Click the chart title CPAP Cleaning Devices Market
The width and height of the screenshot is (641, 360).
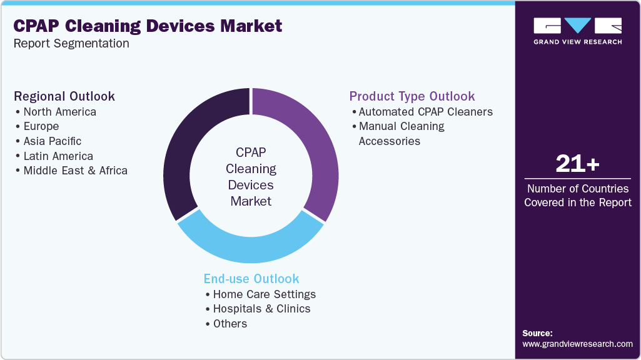[148, 26]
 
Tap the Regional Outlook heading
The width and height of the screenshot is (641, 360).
[64, 96]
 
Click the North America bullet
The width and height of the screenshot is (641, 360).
[59, 112]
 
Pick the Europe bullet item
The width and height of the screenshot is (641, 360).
[41, 126]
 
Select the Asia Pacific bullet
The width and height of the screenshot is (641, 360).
[52, 141]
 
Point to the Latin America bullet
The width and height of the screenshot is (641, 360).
[58, 156]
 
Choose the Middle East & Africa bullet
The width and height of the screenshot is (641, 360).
[75, 171]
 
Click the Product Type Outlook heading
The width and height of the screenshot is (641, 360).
[412, 96]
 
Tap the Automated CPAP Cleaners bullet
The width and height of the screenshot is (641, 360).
[425, 112]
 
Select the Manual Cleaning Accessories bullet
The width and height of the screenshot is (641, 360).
[400, 133]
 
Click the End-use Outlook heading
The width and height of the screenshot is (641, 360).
[251, 279]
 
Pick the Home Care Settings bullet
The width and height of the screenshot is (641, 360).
[264, 294]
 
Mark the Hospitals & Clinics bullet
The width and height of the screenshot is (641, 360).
[261, 309]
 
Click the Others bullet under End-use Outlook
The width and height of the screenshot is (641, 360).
[230, 324]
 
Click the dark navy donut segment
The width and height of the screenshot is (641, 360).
[187, 144]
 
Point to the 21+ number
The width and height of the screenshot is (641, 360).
[577, 164]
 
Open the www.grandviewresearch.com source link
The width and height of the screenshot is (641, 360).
[577, 344]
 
